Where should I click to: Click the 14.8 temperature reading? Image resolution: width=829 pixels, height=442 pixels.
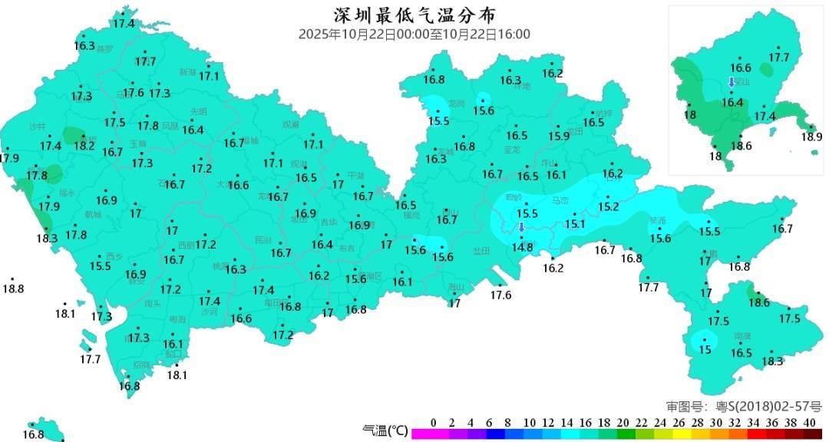522,247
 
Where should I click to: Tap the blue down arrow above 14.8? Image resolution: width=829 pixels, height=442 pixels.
521,227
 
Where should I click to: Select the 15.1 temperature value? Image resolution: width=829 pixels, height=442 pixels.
575,224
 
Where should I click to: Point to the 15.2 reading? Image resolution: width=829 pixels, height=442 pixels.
608,207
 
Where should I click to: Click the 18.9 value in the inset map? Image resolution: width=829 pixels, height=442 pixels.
811,137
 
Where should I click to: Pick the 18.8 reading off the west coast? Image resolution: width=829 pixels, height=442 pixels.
13,289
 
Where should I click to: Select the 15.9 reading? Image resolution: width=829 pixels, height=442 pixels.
559,136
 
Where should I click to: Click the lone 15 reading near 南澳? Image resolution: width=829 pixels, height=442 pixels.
705,349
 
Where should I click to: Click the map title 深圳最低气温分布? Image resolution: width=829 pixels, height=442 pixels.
414,15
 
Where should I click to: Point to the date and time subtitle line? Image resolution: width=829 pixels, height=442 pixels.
414,35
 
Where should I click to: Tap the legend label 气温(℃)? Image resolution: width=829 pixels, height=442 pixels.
385,430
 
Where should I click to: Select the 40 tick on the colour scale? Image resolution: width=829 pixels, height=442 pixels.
808,423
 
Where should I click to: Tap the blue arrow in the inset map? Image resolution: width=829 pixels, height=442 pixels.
732,83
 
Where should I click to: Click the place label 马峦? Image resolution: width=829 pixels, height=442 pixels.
561,201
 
